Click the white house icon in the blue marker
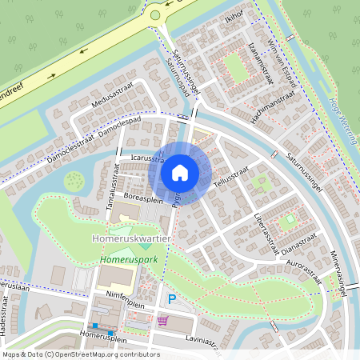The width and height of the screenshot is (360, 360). [180, 172]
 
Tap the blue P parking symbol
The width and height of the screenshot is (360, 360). [172, 299]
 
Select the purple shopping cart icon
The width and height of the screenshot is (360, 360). [163, 321]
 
